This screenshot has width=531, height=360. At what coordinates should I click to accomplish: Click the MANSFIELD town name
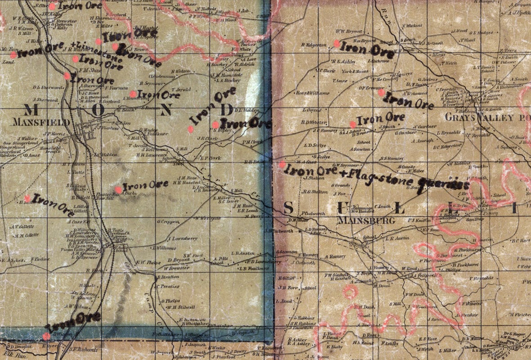(x=41, y=122)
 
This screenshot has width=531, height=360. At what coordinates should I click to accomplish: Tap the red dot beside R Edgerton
(x=337, y=43)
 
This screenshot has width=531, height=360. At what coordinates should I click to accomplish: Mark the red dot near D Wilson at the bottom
(x=46, y=336)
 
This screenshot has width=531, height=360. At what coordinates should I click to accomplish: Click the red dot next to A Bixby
(x=118, y=190)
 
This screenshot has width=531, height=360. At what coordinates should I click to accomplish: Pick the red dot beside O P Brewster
(x=381, y=93)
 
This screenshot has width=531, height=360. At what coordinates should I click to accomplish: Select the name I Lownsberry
(x=183, y=238)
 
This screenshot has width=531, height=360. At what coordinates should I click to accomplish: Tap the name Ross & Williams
(x=313, y=93)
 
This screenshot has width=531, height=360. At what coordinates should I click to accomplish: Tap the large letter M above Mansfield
(x=32, y=110)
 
